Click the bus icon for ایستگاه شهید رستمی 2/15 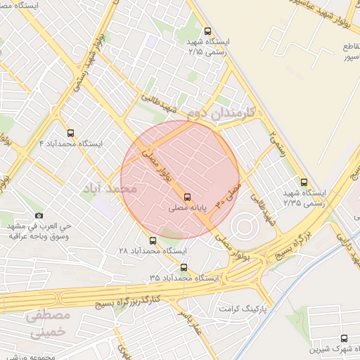tap(207, 31)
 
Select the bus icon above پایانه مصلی tap(187, 197)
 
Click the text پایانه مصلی tap(187, 209)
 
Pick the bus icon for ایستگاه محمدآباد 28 tap(153, 240)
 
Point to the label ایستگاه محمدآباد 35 tap(184, 278)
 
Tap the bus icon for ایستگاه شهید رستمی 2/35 tap(304, 181)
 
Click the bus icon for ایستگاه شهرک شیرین tap(343, 338)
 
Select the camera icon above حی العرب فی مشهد tap(39, 215)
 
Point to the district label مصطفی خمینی tap(46, 324)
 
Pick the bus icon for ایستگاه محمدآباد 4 tap(70, 132)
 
